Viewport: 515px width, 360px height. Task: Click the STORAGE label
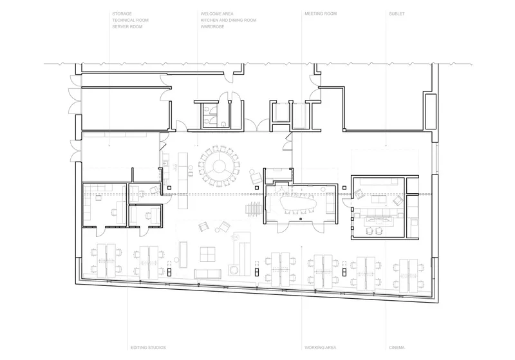122,14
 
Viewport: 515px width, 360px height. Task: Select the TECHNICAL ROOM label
131,20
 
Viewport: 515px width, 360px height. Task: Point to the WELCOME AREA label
217,14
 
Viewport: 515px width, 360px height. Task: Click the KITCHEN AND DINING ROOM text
229,20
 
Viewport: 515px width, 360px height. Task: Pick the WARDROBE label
212,26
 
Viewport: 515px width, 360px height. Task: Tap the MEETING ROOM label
321,14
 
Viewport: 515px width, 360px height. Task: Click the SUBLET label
397,14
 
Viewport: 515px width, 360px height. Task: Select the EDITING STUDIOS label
148,348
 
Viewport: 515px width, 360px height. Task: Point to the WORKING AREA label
320,348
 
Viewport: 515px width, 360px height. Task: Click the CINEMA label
397,348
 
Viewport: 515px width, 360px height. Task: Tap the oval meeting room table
298,204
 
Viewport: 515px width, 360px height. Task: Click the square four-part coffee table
208,254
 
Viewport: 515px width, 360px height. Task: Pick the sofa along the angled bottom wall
207,274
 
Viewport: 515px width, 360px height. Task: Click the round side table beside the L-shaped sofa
234,270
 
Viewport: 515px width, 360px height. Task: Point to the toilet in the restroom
223,124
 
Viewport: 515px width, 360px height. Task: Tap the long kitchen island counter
183,180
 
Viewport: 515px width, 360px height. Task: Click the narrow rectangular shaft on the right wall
431,111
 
